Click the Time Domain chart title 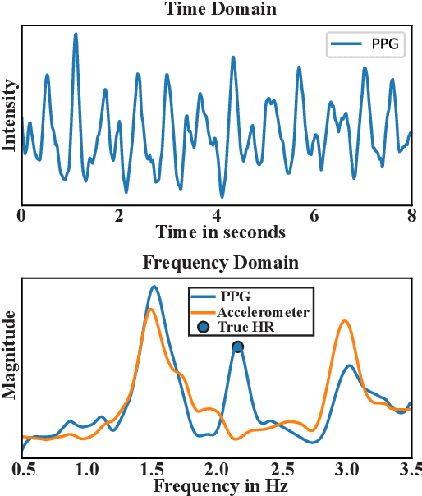[x=221, y=9]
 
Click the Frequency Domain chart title [x=221, y=263]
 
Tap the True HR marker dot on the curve [x=238, y=347]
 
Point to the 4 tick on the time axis [x=217, y=216]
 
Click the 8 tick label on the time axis [x=411, y=216]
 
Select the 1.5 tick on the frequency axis [x=150, y=470]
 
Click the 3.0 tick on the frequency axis [x=346, y=470]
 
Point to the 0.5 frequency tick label [x=22, y=470]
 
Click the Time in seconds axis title [x=221, y=232]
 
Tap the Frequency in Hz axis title [x=218, y=486]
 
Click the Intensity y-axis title [x=10, y=114]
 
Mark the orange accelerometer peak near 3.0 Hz [x=346, y=321]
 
